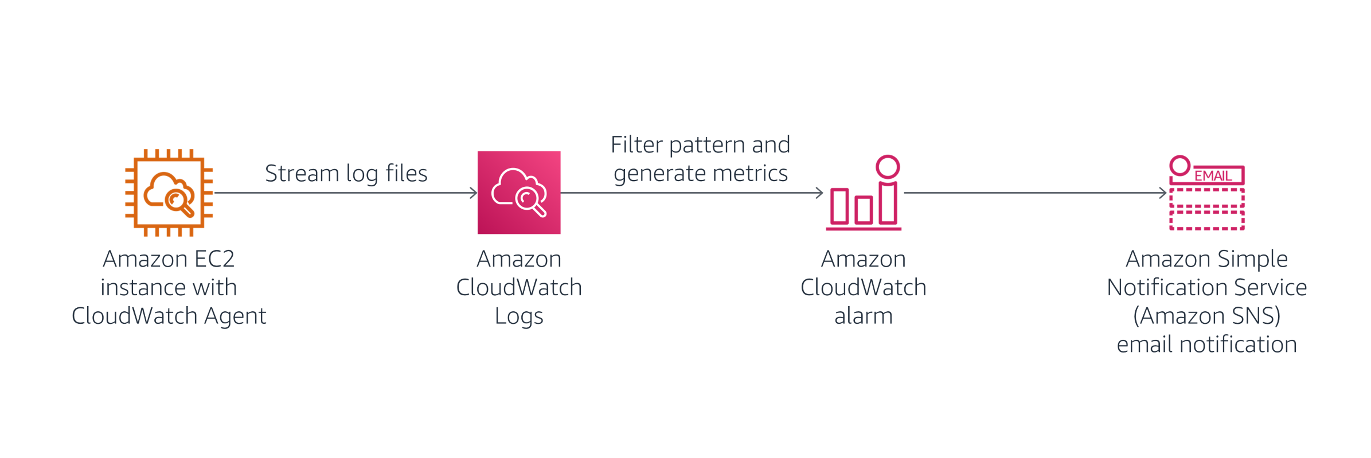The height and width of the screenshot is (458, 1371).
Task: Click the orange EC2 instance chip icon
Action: coord(169,193)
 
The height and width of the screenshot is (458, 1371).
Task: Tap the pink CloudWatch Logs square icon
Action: coord(518,193)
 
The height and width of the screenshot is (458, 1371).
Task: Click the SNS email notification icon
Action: coord(1206,195)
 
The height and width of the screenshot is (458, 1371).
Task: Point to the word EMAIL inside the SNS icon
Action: coord(1213,176)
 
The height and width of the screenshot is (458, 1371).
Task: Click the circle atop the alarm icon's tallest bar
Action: coord(888,167)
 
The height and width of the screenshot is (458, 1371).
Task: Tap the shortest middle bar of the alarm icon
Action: coord(864,210)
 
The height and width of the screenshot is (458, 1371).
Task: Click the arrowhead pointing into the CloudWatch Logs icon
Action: coord(474,193)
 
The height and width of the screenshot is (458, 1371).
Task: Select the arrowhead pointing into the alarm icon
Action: coord(819,193)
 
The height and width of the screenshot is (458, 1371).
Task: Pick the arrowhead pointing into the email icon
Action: coord(1163,193)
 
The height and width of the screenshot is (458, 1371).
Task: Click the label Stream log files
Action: coord(346,173)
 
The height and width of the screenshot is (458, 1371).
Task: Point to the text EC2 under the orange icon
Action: coord(214,259)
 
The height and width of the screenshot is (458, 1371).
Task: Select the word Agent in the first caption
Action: coord(235,316)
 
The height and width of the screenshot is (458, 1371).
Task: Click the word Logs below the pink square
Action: coord(518,316)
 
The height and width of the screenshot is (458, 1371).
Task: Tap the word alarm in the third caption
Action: coord(864,316)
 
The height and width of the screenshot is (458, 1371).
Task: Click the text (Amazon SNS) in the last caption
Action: coord(1206,316)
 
